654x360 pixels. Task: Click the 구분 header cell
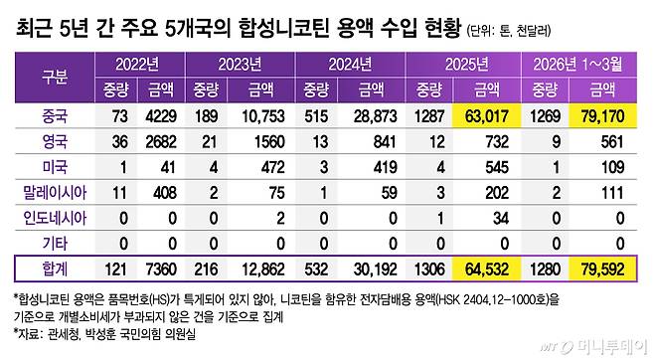pos(54,77)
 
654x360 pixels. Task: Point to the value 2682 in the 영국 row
pos(159,142)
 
